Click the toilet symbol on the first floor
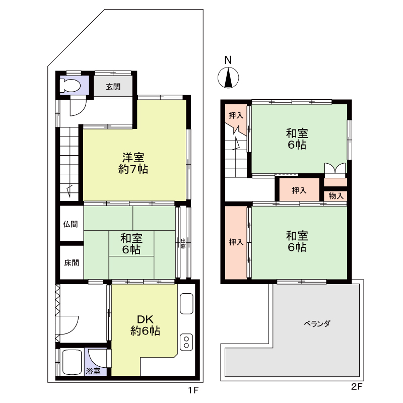[70, 85]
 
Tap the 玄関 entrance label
[113, 87]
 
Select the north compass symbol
[228, 78]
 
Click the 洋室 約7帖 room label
[133, 163]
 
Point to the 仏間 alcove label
[71, 224]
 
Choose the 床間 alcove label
[72, 263]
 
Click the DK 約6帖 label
[145, 325]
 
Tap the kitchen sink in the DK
[186, 304]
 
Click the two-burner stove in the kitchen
[186, 342]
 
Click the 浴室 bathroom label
[93, 371]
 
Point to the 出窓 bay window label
[183, 244]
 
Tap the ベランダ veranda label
[317, 323]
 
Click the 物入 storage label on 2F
[336, 196]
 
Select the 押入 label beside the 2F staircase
[236, 116]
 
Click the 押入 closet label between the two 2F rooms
[299, 190]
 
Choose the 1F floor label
[193, 390]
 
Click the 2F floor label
[357, 386]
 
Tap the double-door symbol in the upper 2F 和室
[335, 169]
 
